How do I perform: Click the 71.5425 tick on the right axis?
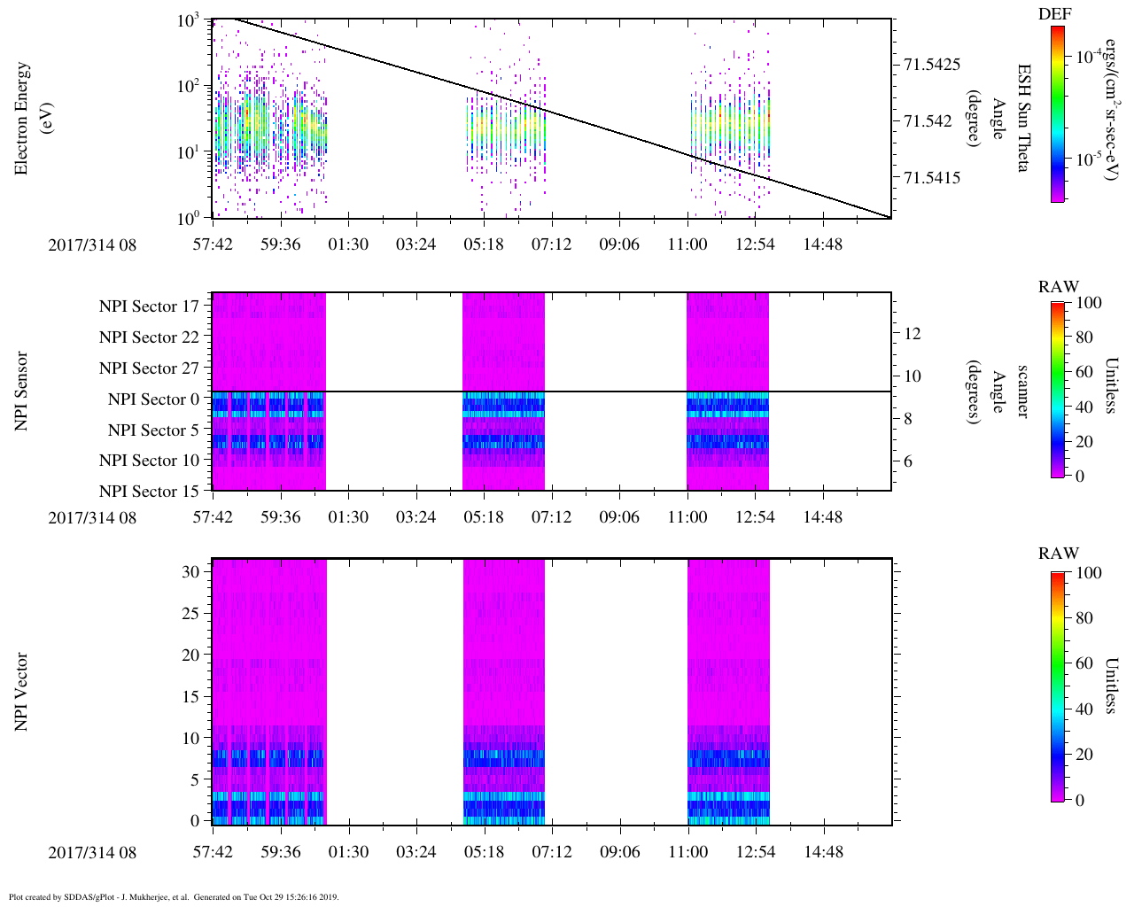[x=932, y=65]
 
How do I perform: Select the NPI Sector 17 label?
[x=150, y=306]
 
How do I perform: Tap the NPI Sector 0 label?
[x=154, y=399]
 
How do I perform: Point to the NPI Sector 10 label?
[x=150, y=461]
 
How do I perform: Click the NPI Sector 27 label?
[x=150, y=368]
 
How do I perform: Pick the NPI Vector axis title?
[x=21, y=692]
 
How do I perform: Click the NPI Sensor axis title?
[x=21, y=391]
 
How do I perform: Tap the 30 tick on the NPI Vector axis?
[x=191, y=572]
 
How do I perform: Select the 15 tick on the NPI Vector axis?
[x=191, y=697]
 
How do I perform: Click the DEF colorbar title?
[x=1054, y=14]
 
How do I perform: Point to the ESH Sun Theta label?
[x=1024, y=118]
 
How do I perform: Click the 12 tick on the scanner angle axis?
[x=913, y=334]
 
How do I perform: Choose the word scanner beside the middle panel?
[x=1022, y=391]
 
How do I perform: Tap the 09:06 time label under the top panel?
[x=619, y=244]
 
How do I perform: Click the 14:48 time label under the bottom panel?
[x=823, y=852]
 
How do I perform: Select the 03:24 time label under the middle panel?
[x=416, y=517]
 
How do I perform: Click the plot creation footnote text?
[x=174, y=897]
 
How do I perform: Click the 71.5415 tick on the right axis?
[x=932, y=178]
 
